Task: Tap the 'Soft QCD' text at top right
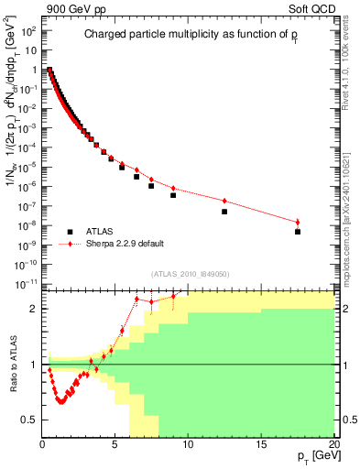312,8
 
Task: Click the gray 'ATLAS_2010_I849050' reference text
190,274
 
